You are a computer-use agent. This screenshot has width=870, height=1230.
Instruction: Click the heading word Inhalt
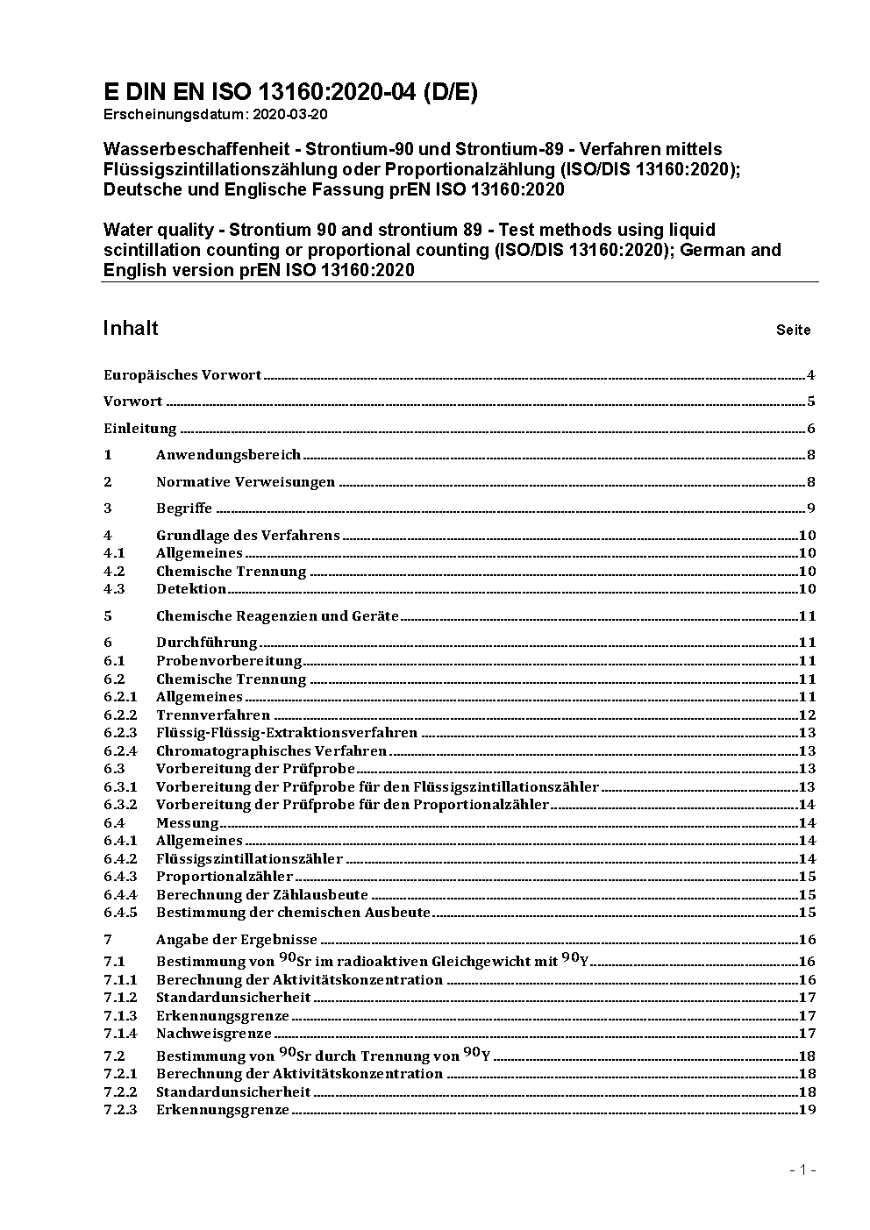pos(131,328)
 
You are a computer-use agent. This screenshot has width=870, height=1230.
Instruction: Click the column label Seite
pos(793,331)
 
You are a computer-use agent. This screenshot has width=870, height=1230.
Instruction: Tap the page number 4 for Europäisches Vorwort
pos(811,375)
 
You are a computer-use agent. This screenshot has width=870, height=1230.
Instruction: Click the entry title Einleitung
pos(140,429)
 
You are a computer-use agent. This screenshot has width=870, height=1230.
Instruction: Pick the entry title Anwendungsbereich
pos(228,455)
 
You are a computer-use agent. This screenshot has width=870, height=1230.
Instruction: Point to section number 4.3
pos(114,589)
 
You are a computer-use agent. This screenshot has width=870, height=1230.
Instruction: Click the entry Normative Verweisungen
pos(246,482)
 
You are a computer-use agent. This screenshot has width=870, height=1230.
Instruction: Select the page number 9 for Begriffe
pos(811,508)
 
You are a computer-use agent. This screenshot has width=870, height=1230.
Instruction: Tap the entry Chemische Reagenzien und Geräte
pos(277,616)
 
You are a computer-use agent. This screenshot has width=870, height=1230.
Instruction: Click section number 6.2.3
pos(120,733)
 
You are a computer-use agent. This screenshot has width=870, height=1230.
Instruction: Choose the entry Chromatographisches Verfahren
pos(271,751)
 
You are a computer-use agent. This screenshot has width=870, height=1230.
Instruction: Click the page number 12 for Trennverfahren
pos(807,715)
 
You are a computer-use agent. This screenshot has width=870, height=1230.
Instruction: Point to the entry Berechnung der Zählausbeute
pos(261,895)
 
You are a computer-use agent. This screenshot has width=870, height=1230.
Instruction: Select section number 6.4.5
pos(120,913)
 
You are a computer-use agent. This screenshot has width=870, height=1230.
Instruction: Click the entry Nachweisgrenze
pos(213,1034)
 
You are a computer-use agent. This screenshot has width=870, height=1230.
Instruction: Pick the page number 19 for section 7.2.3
pos(807,1110)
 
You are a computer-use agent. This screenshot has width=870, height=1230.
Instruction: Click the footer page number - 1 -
pos(802,1170)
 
